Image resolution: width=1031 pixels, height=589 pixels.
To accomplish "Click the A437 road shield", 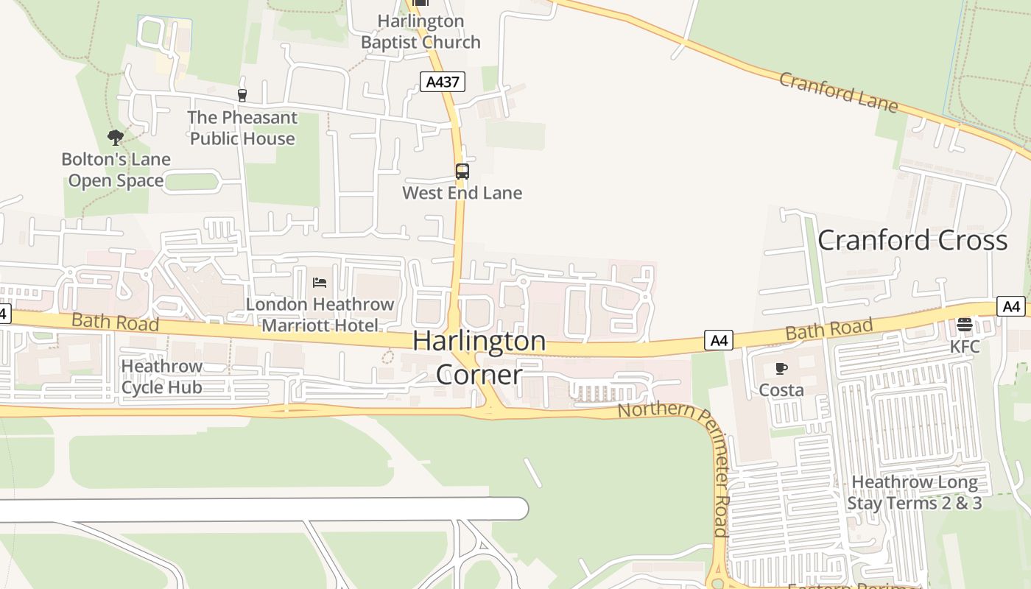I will [443, 82].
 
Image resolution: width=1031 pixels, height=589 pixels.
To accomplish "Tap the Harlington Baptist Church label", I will [421, 32].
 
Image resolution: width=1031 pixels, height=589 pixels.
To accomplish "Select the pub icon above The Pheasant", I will [242, 95].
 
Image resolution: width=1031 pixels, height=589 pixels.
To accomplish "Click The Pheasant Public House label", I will [242, 128].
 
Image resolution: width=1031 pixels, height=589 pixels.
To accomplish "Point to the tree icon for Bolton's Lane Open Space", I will [115, 137].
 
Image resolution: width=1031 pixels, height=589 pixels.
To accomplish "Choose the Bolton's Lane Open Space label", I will [116, 170].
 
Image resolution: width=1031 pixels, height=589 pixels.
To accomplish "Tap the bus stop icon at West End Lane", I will [462, 172].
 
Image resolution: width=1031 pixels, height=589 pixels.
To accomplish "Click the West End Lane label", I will [462, 193].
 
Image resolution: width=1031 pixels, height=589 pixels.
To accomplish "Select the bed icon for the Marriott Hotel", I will [320, 282].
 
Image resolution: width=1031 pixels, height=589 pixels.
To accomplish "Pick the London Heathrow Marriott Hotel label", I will [320, 314].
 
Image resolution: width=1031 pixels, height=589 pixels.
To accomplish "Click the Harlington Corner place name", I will [479, 358].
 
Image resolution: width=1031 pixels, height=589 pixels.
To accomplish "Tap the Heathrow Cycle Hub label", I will [161, 376].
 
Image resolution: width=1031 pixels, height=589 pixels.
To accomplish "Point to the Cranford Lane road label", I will [839, 92].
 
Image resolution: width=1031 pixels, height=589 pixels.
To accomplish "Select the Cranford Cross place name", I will [912, 240].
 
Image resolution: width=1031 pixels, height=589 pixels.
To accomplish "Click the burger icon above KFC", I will [964, 325].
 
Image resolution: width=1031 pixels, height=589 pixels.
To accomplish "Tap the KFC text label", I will [965, 346].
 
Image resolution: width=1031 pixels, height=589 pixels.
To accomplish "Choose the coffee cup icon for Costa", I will [781, 368].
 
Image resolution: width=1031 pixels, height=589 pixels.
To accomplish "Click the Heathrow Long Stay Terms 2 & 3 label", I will [915, 493].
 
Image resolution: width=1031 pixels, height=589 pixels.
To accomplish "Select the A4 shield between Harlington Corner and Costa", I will [718, 340].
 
